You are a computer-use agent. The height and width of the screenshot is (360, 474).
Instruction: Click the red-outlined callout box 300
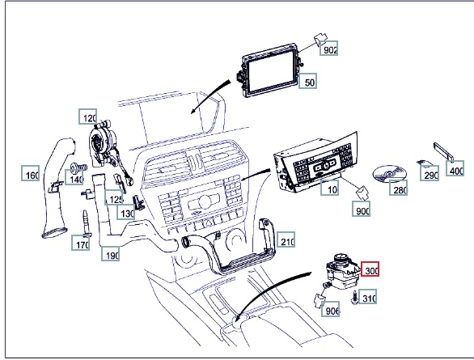[370, 269]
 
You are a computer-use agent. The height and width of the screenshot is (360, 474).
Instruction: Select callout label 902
[329, 49]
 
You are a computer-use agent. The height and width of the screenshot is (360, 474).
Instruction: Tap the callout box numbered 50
[307, 81]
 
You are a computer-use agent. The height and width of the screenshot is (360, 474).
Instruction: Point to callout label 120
[87, 116]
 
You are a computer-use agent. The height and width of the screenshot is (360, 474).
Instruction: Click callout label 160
[31, 173]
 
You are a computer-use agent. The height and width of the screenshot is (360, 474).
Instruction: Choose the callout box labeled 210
[286, 239]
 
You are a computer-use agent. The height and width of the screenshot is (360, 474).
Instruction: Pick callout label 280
[399, 188]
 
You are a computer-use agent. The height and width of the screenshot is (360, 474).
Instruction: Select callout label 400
[455, 168]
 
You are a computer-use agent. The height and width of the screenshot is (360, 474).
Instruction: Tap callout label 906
[330, 309]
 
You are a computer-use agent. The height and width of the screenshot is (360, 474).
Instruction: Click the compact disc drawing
[388, 174]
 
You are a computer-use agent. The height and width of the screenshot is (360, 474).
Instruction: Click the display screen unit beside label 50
[269, 70]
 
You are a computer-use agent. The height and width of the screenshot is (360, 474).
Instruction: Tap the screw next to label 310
[354, 297]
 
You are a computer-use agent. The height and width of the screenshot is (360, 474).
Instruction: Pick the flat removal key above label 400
[443, 152]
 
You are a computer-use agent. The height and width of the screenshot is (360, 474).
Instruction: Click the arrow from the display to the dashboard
[209, 96]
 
